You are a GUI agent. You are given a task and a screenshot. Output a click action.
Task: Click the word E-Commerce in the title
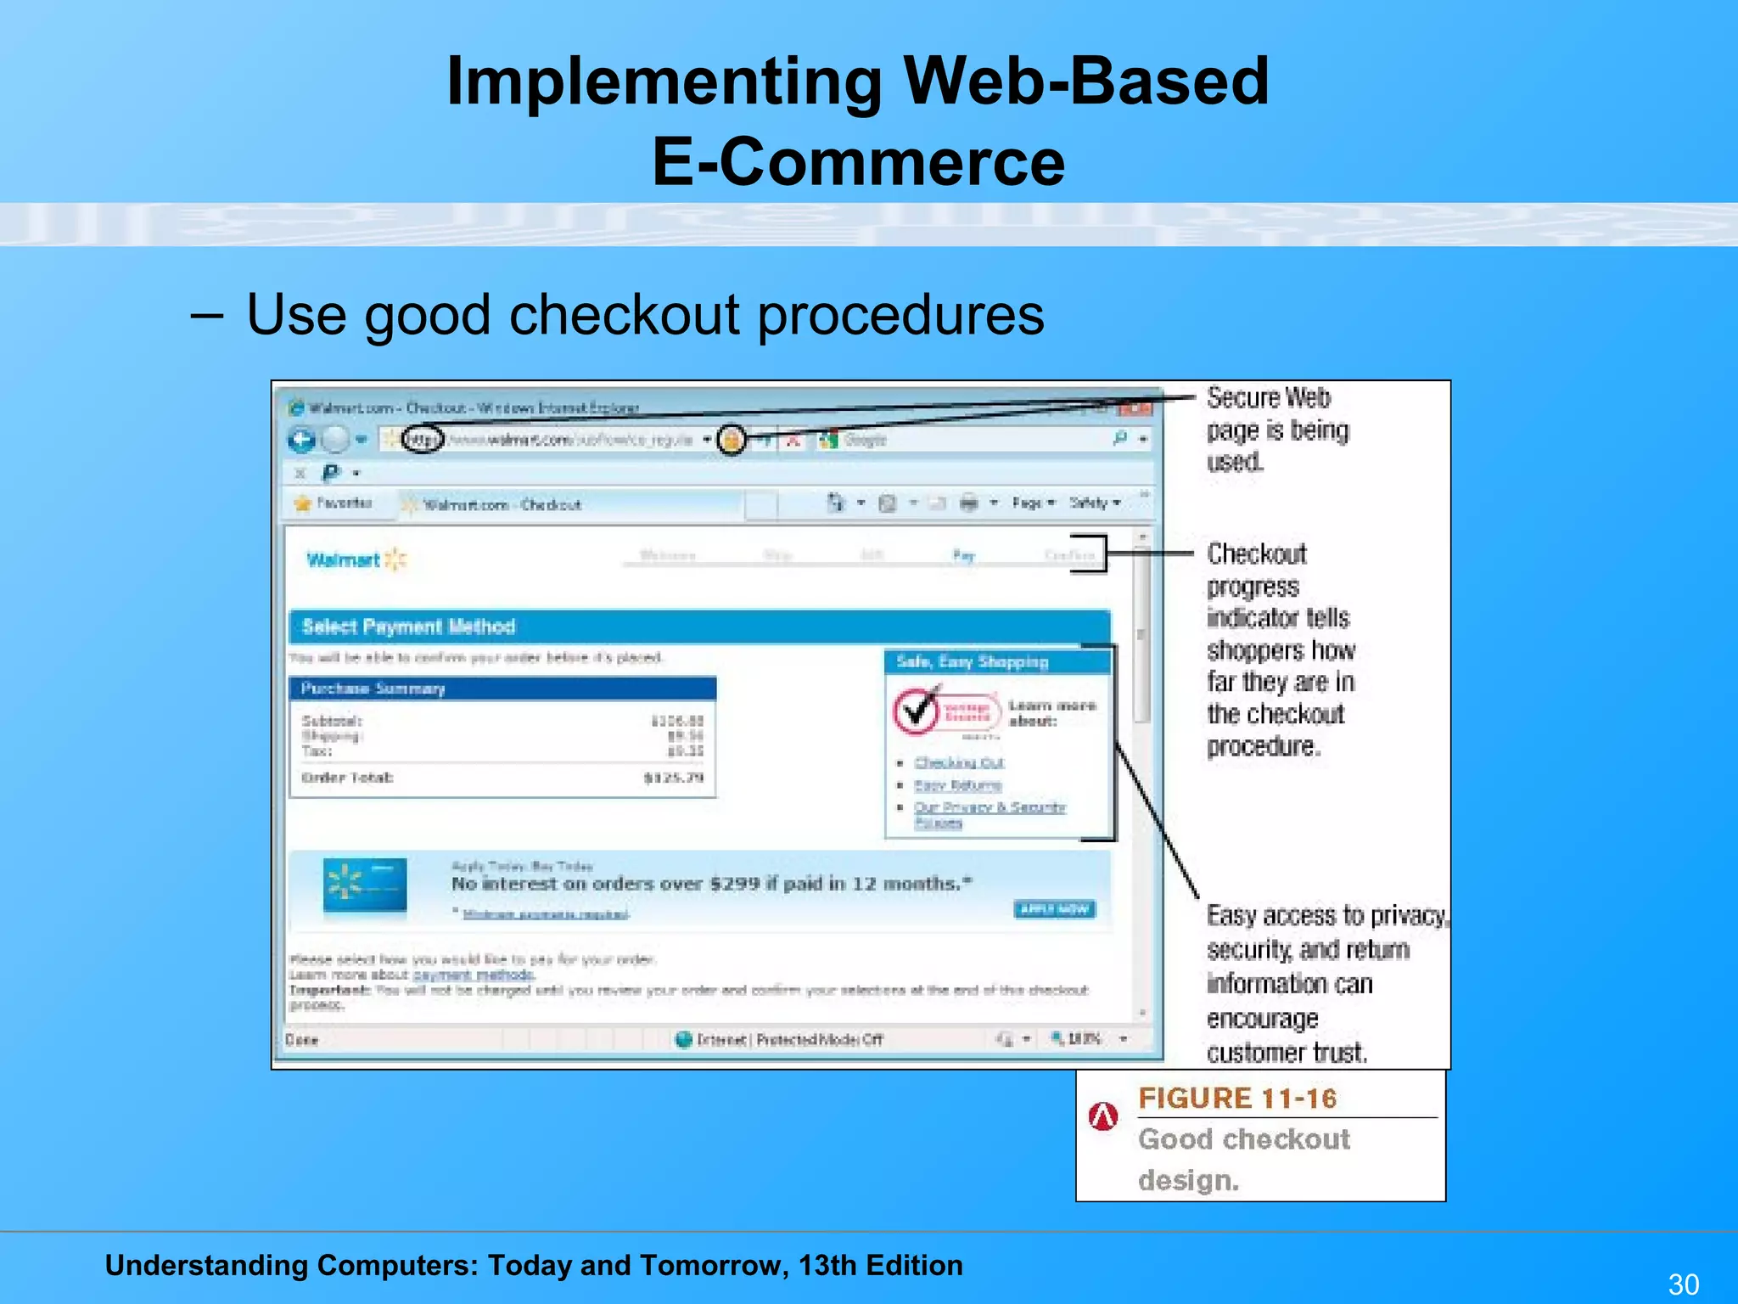click(x=858, y=163)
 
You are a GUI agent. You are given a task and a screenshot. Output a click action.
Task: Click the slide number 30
click(x=1683, y=1284)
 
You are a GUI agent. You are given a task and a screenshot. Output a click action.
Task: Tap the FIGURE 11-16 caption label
click(x=1236, y=1099)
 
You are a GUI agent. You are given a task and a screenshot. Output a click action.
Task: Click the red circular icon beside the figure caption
click(x=1102, y=1116)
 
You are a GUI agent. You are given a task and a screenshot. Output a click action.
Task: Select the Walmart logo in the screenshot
click(x=356, y=559)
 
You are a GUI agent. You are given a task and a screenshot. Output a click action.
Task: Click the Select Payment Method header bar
click(x=699, y=627)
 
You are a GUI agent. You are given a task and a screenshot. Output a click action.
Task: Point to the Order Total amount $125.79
click(x=674, y=778)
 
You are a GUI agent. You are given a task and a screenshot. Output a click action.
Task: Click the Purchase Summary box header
click(x=502, y=689)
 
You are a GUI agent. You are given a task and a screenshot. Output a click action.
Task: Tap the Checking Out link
click(x=959, y=762)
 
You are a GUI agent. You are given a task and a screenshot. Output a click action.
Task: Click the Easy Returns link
click(x=957, y=785)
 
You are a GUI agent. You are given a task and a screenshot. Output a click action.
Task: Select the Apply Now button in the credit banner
click(x=1054, y=909)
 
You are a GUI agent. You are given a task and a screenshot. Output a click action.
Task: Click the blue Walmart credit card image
click(x=365, y=887)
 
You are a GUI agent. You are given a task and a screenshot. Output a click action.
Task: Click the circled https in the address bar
click(x=423, y=440)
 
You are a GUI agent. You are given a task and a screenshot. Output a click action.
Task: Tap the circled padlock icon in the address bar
click(x=732, y=440)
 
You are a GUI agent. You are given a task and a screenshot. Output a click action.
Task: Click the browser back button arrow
click(x=301, y=440)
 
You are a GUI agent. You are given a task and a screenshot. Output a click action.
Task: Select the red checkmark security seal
click(x=917, y=711)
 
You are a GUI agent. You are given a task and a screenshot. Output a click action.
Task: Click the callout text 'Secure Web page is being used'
click(x=1275, y=430)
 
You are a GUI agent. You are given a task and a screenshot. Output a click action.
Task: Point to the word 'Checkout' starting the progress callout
click(x=1256, y=554)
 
